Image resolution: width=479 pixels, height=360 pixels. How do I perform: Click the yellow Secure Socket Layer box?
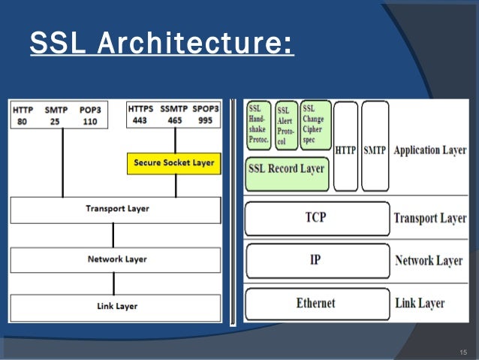[173, 162]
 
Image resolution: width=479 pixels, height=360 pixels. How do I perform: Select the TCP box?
[316, 218]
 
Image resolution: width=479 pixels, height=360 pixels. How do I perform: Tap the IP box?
[316, 260]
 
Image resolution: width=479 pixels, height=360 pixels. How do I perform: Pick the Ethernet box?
[316, 303]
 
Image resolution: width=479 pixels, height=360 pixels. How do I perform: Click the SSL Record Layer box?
[286, 168]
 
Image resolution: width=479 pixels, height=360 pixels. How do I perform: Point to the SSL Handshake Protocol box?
[258, 125]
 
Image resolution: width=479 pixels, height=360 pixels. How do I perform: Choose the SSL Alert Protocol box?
[286, 126]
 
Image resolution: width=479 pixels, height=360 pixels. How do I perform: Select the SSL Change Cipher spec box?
[315, 124]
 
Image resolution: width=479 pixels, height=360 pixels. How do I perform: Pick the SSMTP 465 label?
[175, 114]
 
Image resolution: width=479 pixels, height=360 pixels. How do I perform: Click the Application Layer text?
[429, 150]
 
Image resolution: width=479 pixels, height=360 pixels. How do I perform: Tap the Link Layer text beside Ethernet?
[420, 304]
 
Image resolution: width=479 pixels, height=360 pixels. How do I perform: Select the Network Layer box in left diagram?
[115, 259]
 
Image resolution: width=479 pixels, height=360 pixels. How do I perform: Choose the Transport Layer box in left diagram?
[115, 209]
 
